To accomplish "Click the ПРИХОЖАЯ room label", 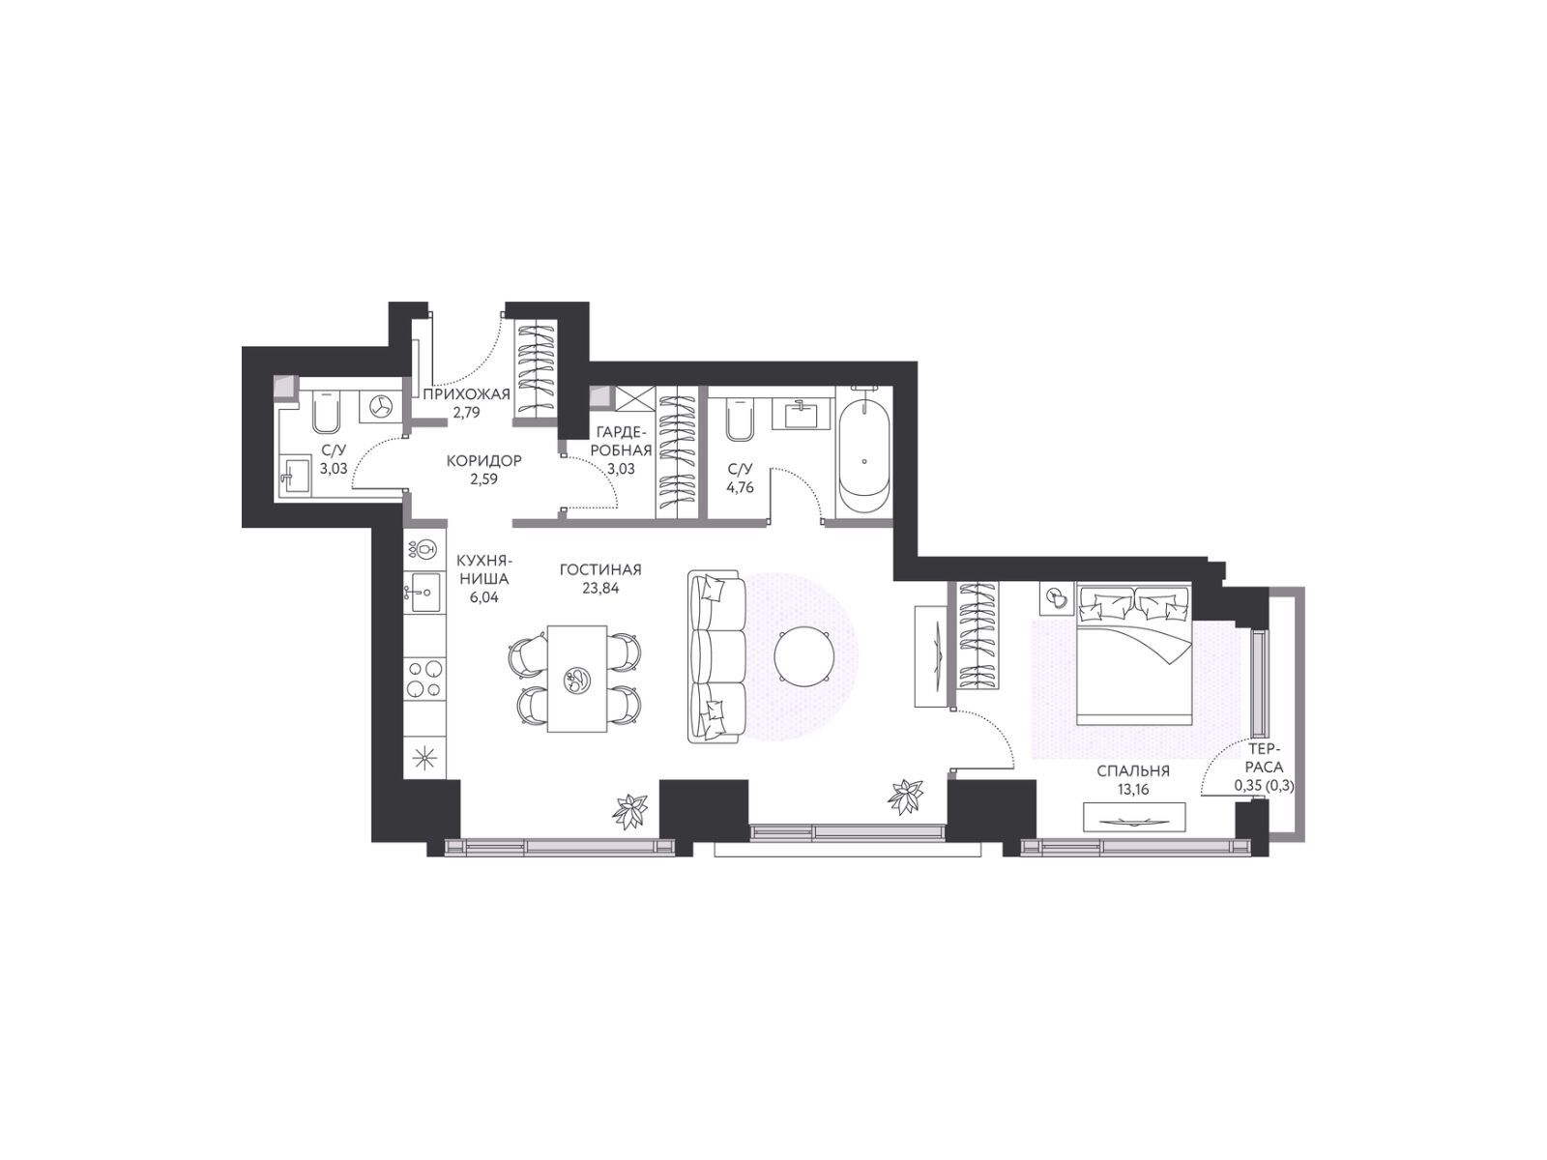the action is (466, 394).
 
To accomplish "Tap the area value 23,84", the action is (600, 588).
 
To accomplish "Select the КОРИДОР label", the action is (484, 461).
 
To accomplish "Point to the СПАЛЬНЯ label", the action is (1133, 771).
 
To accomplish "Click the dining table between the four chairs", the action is (577, 679).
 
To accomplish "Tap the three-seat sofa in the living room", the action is (716, 655).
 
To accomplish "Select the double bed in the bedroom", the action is (1134, 653).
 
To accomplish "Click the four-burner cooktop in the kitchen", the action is (425, 679).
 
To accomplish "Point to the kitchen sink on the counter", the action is (425, 592).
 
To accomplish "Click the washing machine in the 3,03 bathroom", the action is (381, 406).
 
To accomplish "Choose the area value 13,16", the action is (1132, 790).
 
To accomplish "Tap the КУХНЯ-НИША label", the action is (483, 569).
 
